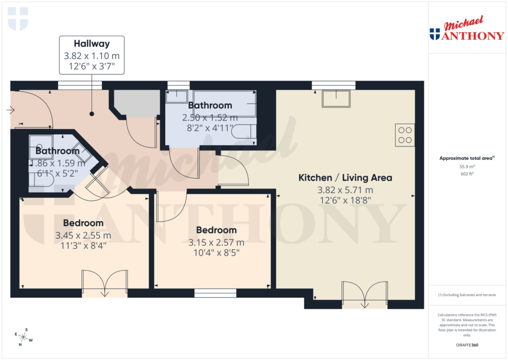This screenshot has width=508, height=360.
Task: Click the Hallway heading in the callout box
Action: (92, 44)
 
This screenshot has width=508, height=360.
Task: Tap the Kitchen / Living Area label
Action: (345, 177)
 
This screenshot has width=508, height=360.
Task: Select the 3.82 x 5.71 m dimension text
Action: (345, 190)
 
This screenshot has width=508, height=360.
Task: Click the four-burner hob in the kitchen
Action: (405, 135)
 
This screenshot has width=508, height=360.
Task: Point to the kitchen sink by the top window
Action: (336, 99)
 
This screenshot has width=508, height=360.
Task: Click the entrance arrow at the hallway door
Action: (10, 110)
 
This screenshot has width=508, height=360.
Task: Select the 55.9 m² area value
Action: (467, 167)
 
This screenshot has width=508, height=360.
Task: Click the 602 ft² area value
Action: (467, 174)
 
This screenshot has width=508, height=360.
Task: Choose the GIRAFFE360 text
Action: (467, 345)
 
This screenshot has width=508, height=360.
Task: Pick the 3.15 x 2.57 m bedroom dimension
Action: (216, 243)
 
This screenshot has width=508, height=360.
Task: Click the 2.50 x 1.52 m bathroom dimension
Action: (210, 118)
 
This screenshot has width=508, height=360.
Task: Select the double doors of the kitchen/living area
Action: (365, 294)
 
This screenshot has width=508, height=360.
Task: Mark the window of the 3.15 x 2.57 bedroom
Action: (215, 294)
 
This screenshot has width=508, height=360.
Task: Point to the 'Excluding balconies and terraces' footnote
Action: (467, 295)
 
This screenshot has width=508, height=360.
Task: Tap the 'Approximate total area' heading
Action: (467, 158)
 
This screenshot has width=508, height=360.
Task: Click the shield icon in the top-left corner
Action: (18, 18)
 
